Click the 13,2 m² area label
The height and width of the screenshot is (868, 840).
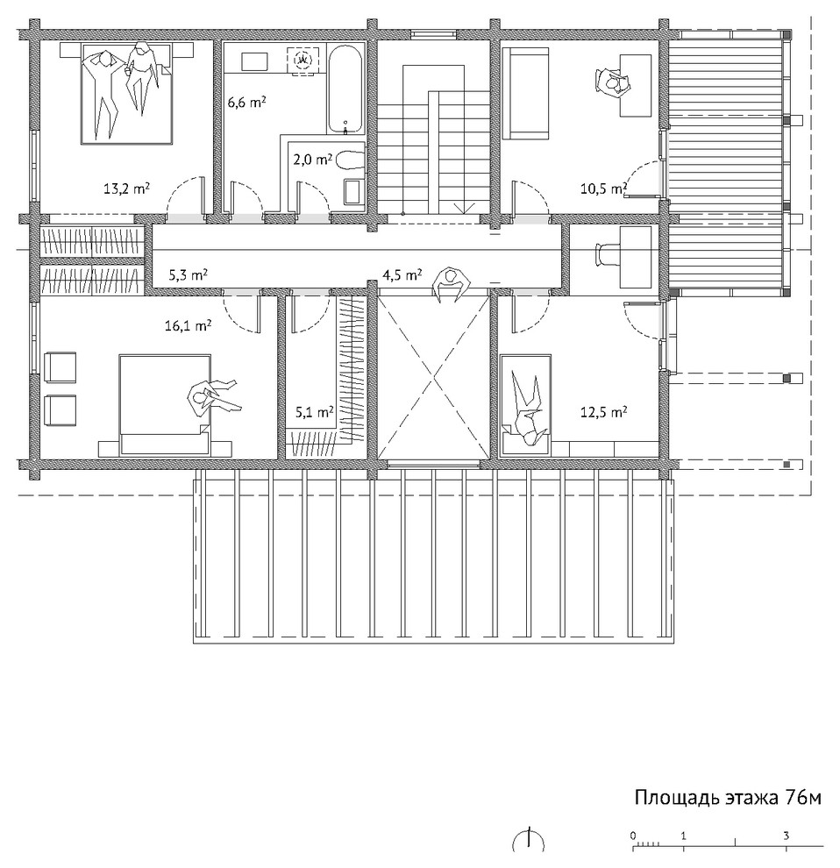[x=126, y=189]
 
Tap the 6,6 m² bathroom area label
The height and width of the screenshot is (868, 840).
[x=247, y=103]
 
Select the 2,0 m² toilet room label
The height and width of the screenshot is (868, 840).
[x=312, y=160]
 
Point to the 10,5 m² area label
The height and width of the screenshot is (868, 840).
[x=603, y=189]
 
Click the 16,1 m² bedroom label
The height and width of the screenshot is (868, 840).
[x=188, y=326]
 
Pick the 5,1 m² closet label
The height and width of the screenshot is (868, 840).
[x=315, y=412]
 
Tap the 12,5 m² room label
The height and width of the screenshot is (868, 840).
[x=603, y=412]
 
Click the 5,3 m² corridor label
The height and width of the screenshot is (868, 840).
[x=189, y=274]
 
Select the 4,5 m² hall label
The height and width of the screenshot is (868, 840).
[x=402, y=274]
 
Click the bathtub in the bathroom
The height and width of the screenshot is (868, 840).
[x=345, y=89]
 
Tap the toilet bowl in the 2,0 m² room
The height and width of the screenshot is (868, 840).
[x=350, y=160]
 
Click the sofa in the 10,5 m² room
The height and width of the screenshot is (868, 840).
[x=525, y=93]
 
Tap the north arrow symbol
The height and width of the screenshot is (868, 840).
[x=528, y=840]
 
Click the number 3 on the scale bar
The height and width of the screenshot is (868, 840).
[x=786, y=836]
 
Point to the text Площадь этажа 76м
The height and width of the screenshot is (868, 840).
[x=728, y=798]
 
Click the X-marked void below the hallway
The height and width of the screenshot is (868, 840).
[x=434, y=378]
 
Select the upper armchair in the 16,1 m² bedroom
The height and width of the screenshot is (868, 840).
[x=60, y=367]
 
